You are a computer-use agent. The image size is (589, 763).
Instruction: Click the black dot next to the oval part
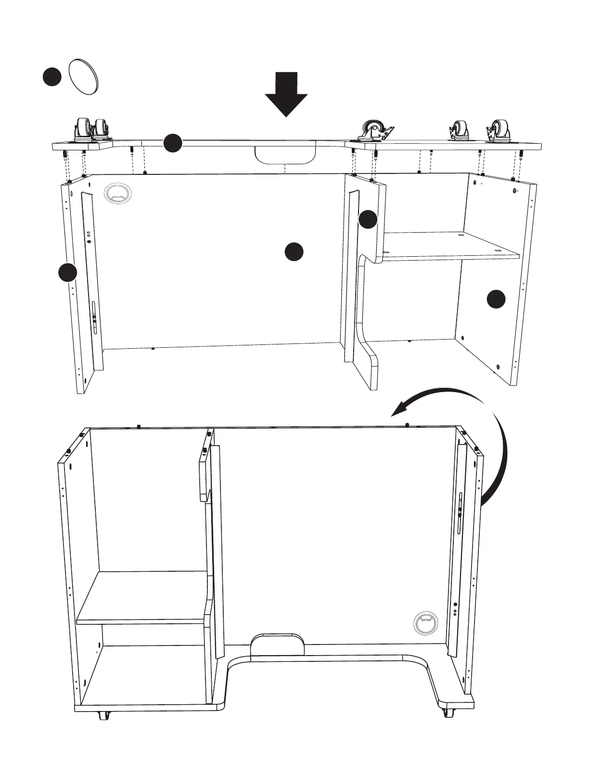(51, 77)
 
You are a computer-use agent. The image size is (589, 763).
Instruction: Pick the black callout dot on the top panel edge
(173, 143)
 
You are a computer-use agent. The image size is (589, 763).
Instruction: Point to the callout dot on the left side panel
(68, 272)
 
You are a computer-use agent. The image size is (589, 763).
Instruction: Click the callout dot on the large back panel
(294, 252)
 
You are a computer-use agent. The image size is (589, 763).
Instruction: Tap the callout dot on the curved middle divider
(368, 220)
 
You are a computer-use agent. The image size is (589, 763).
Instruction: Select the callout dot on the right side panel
(496, 299)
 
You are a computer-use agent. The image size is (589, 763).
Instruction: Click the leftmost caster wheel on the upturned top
(81, 129)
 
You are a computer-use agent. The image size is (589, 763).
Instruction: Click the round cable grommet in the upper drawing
(117, 194)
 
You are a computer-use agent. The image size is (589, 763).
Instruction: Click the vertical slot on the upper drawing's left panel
(95, 318)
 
